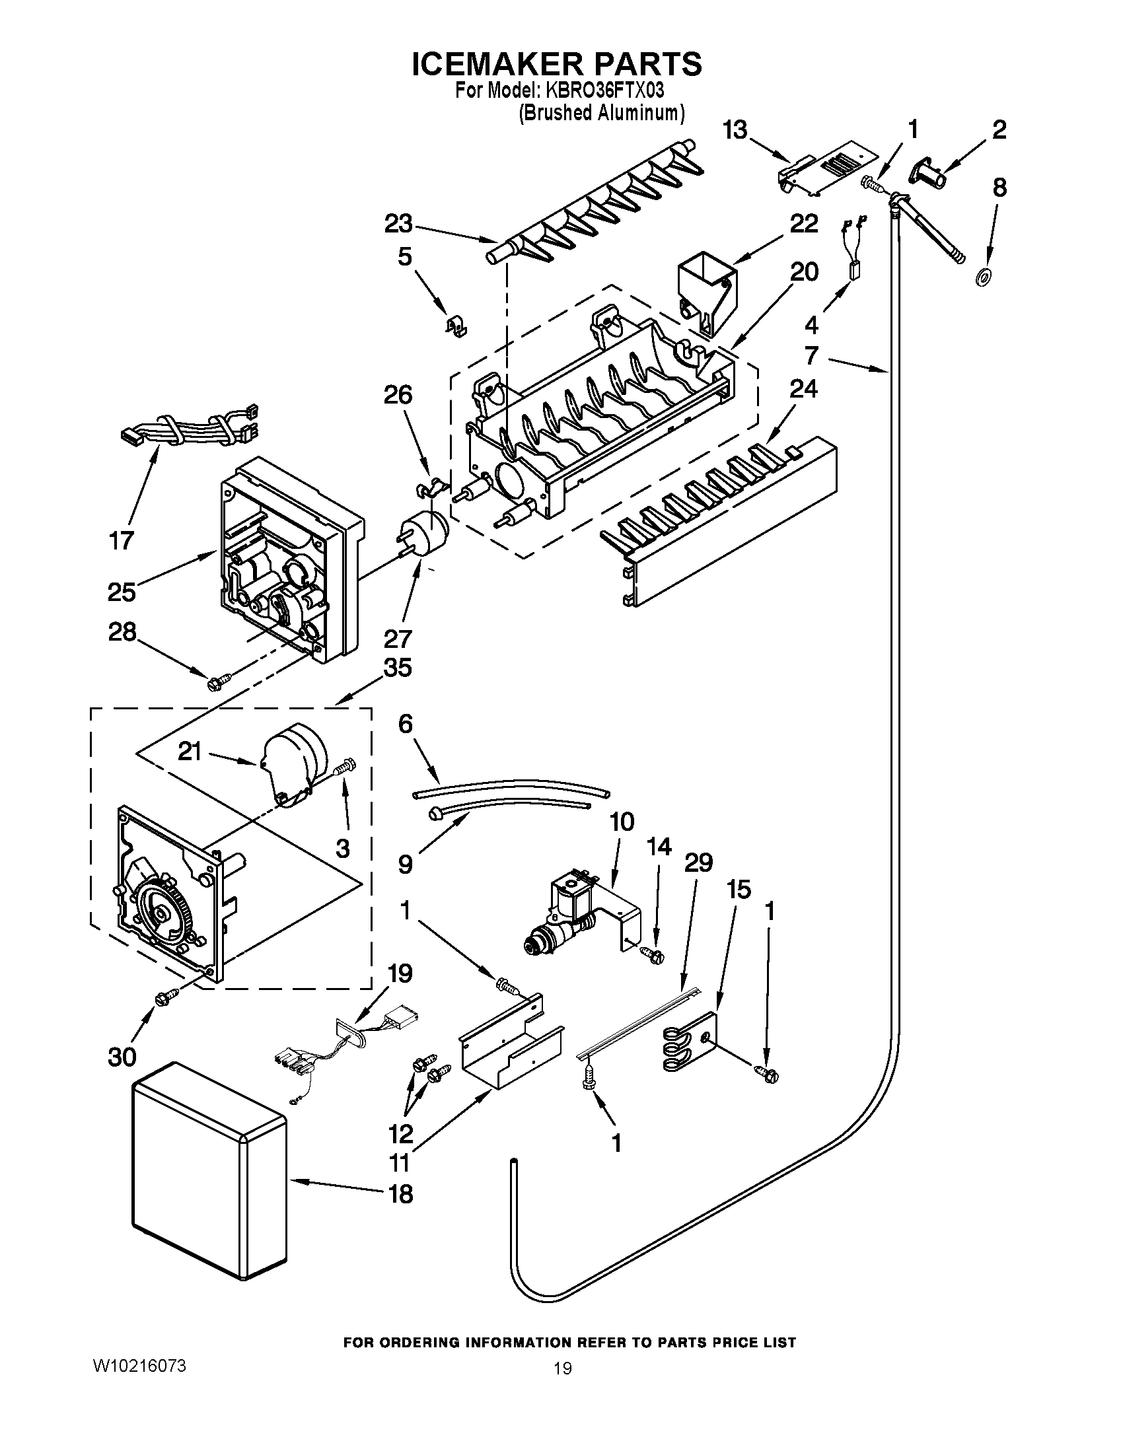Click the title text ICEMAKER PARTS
tap(556, 65)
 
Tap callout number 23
tap(398, 224)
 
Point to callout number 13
tap(736, 130)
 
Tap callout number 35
tap(398, 667)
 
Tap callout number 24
tap(803, 388)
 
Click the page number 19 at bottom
tap(562, 1368)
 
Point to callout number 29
tap(698, 863)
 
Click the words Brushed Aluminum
tap(601, 113)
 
